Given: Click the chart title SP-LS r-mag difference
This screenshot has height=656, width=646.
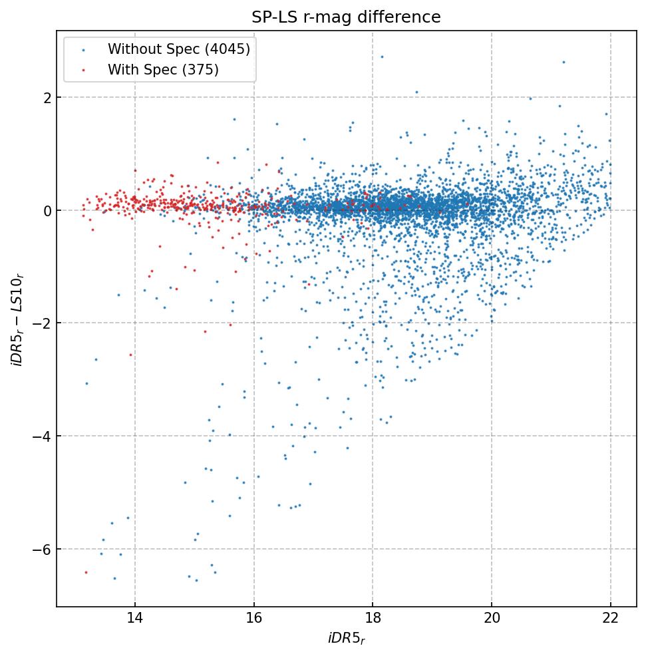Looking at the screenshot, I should (346, 17).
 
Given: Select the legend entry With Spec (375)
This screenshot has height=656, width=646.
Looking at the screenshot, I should (163, 69).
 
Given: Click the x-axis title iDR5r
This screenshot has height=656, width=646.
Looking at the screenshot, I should (346, 639).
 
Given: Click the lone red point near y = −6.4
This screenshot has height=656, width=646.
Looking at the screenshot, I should (86, 572).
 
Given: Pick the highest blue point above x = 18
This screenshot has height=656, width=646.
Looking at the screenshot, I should (382, 57).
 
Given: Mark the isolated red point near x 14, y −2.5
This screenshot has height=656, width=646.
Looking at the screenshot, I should (130, 355).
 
